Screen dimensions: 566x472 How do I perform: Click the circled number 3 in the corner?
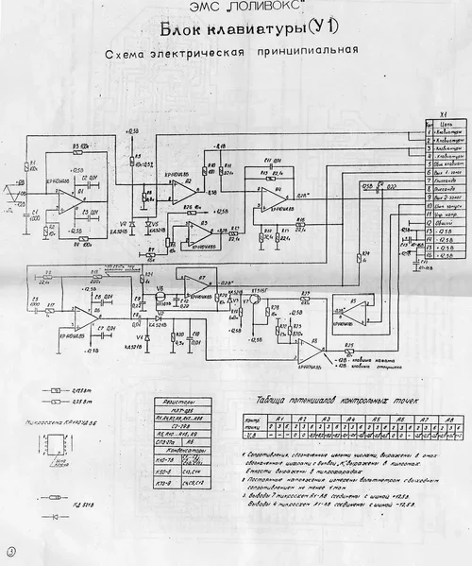tap(11, 551)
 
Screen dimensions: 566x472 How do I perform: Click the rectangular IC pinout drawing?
tap(58, 445)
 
